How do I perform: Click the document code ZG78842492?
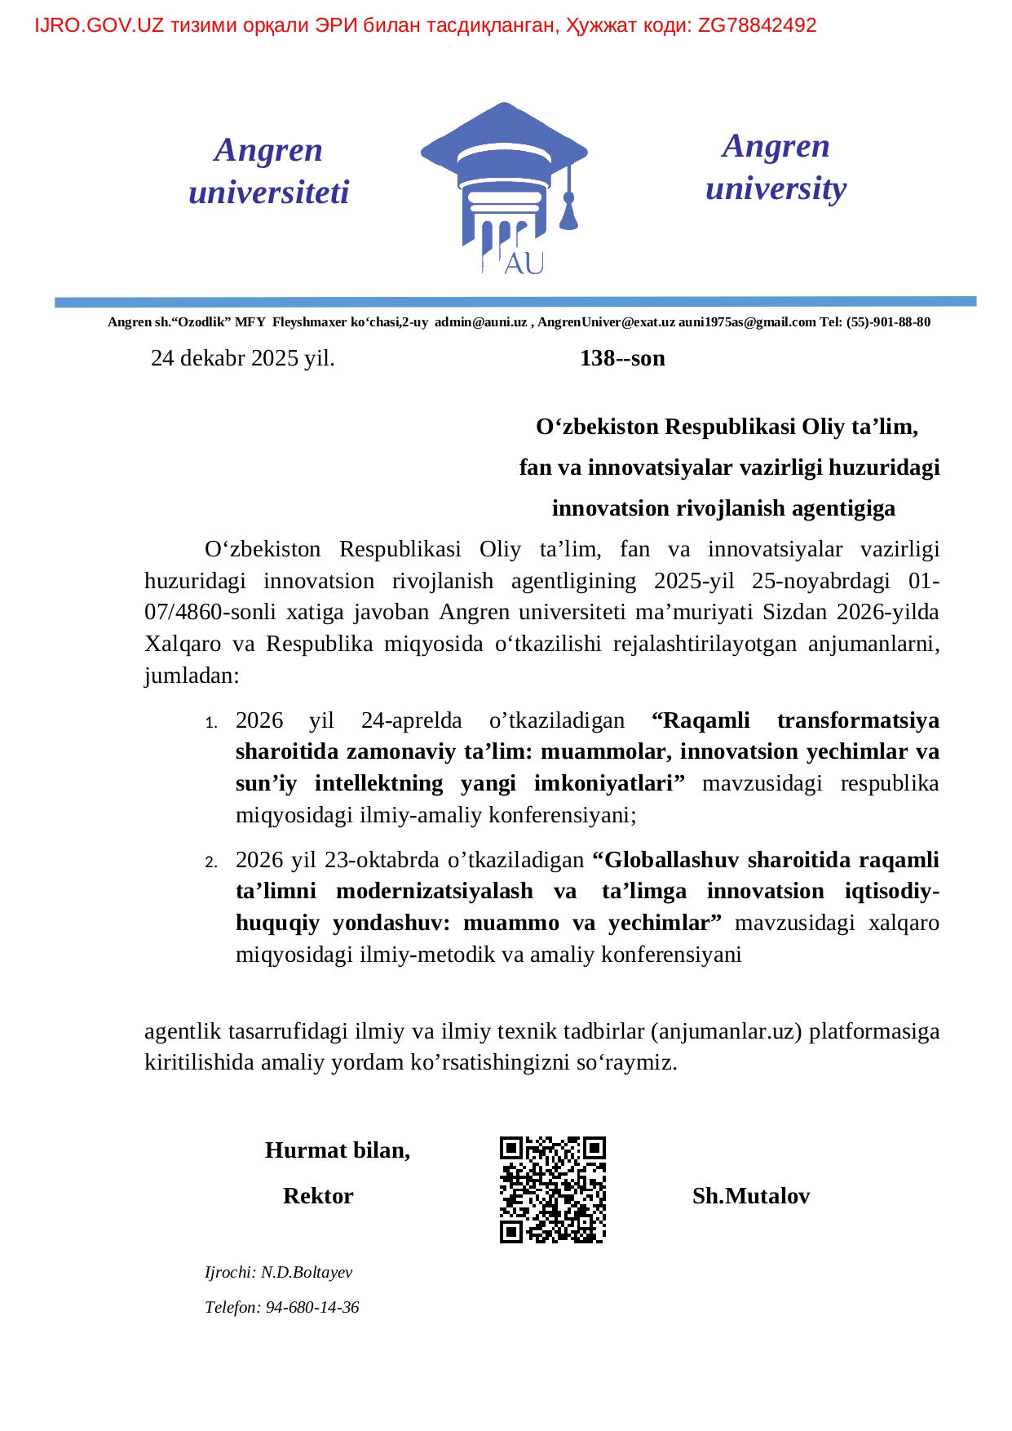[757, 25]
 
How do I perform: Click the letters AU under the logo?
[524, 264]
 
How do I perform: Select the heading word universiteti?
[268, 193]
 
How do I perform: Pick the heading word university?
[776, 188]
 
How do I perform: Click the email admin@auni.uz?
[480, 322]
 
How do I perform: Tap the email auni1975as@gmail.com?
[747, 322]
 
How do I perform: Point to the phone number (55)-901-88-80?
[888, 322]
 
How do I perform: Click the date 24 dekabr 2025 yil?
[242, 358]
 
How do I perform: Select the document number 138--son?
[622, 358]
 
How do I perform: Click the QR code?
[552, 1190]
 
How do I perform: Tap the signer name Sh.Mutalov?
[750, 1196]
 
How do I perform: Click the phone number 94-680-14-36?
[312, 1307]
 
